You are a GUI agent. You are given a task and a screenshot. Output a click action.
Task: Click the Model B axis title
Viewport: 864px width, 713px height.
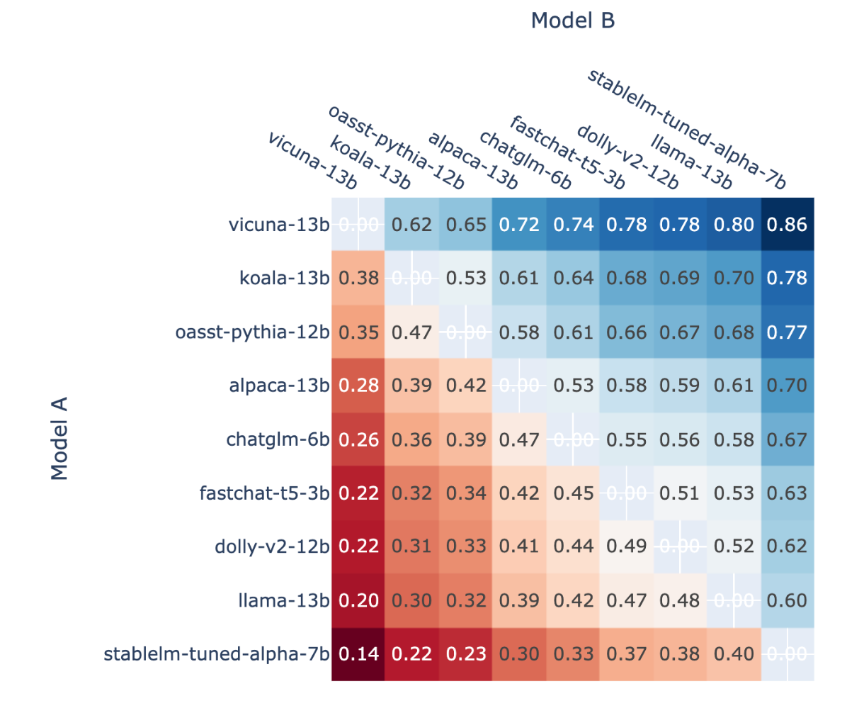pos(572,21)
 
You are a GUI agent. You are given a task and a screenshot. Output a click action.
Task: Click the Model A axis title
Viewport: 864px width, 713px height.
pos(59,439)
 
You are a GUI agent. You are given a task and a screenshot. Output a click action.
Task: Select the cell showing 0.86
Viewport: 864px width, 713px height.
pos(787,225)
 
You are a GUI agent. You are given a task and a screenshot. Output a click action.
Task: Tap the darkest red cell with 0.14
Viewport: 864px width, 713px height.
pos(358,654)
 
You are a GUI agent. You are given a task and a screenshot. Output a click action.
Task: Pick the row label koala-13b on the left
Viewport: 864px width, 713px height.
pos(284,279)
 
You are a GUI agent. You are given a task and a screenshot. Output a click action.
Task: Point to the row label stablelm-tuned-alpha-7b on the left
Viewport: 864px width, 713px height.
pos(217,654)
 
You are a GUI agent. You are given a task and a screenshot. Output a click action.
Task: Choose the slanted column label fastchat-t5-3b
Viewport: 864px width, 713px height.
pos(567,152)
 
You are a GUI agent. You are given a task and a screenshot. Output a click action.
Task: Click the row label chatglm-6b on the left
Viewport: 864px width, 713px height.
pos(278,439)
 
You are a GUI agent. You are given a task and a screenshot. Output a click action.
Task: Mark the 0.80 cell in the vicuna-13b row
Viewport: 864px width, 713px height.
pos(734,225)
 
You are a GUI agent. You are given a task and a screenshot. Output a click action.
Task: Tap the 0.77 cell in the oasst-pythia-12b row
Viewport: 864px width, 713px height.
pos(787,332)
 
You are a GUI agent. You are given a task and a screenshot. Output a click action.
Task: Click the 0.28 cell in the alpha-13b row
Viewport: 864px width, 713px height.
pos(358,386)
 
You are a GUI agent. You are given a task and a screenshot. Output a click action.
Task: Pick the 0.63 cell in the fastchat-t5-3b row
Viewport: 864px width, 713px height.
pos(787,493)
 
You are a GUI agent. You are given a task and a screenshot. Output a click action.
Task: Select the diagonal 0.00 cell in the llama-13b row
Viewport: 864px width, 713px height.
pos(734,600)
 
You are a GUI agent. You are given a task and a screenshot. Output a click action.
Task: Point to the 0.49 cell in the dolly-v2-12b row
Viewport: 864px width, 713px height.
pos(626,546)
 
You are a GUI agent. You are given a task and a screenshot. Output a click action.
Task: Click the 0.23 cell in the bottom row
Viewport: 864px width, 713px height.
pos(466,654)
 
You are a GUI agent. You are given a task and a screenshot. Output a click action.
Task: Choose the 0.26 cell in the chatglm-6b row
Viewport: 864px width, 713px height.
pos(358,439)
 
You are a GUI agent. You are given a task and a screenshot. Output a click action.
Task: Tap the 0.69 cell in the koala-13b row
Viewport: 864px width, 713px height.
pos(680,279)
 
